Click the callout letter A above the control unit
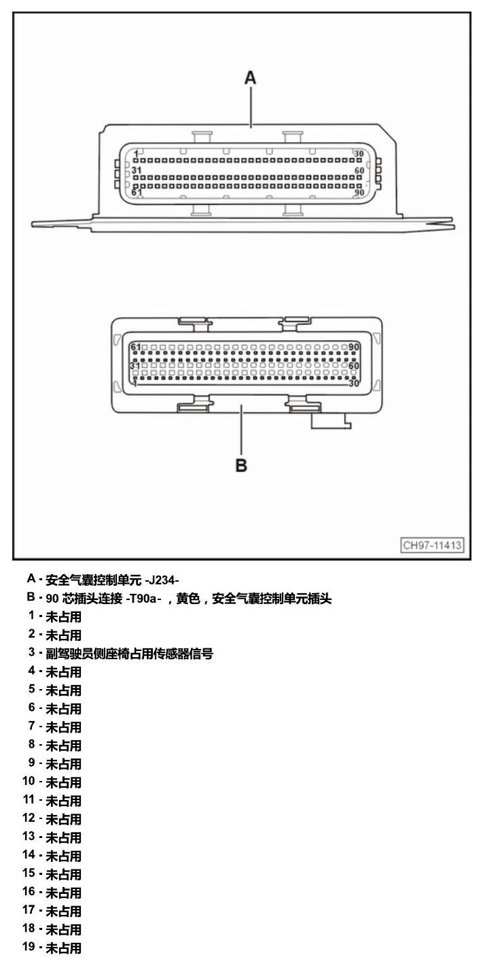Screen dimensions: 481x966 tap(250, 78)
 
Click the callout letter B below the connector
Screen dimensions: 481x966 tap(241, 465)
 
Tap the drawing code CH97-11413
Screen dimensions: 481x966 tap(432, 545)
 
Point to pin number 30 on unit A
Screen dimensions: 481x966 tap(359, 154)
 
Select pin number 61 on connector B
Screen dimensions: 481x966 tap(136, 347)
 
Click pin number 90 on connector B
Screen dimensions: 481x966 tap(354, 347)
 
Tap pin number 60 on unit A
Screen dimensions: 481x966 tap(359, 171)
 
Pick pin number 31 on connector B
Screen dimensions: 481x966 tap(135, 365)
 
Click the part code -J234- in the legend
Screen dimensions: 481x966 tap(162, 580)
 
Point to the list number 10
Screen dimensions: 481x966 tap(29, 781)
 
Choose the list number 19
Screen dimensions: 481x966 tap(29, 946)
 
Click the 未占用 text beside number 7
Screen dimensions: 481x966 tap(64, 727)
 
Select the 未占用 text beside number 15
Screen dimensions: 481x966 tap(64, 874)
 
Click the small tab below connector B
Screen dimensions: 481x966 tap(331, 421)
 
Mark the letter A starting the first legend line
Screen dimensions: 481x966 tap(31, 579)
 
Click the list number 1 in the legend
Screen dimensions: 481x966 tap(31, 616)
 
